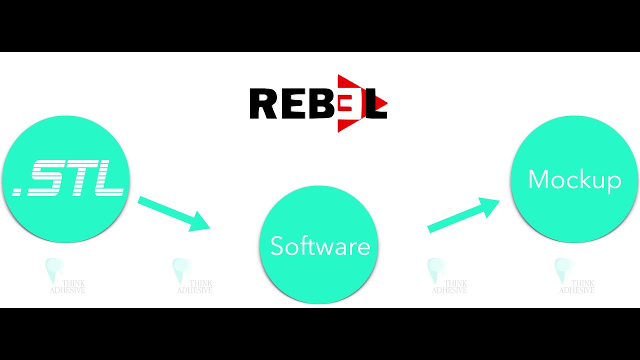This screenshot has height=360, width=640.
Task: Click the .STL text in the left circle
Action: pos(68,178)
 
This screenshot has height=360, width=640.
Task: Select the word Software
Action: pos(320,245)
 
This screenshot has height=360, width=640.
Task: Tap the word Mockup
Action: pos(575,180)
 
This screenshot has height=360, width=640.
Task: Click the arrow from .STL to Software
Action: pos(173,214)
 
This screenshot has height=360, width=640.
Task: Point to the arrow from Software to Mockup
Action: pos(463,215)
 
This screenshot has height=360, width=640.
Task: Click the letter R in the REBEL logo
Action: pos(263,103)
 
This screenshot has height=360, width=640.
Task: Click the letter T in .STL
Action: pos(80,178)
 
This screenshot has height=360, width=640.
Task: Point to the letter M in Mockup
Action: pos(538,179)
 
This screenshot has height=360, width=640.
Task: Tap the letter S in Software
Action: pos(276,245)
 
